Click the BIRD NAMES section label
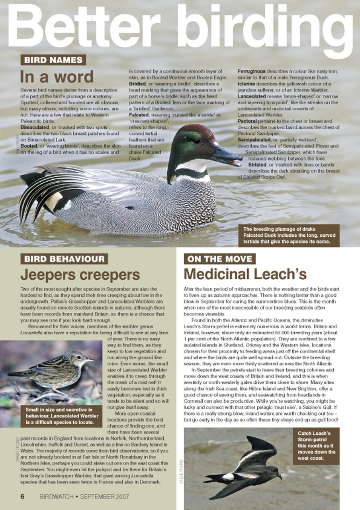click(x=53, y=60)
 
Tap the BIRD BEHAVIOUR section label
click(x=65, y=259)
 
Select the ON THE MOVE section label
click(x=219, y=259)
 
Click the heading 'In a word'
click(x=57, y=76)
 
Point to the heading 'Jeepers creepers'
click(x=80, y=275)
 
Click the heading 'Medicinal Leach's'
click(x=245, y=274)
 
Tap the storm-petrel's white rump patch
click(x=229, y=477)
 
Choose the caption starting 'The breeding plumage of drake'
click(x=289, y=235)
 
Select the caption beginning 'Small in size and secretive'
click(x=59, y=416)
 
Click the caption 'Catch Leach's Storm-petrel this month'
click(x=316, y=445)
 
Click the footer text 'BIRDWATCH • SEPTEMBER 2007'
click(x=84, y=497)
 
